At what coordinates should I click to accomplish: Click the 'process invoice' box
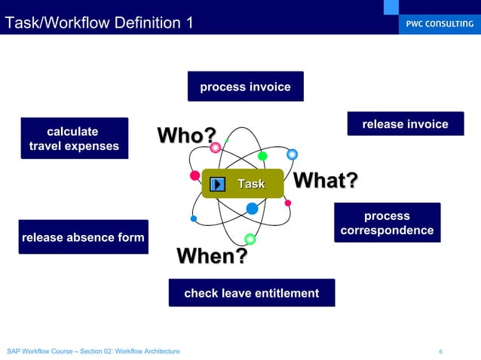pyautogui.click(x=245, y=87)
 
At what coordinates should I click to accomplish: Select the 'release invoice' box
pyautogui.click(x=405, y=124)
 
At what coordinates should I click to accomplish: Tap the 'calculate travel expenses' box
pyautogui.click(x=74, y=139)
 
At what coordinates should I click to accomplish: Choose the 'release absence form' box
pyautogui.click(x=83, y=237)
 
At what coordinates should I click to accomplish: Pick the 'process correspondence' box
pyautogui.click(x=387, y=223)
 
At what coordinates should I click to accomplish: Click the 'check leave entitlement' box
pyautogui.click(x=251, y=293)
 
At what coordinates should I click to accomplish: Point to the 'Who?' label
pyautogui.click(x=185, y=136)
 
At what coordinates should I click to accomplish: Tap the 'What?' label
pyautogui.click(x=324, y=181)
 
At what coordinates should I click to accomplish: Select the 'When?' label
pyautogui.click(x=211, y=256)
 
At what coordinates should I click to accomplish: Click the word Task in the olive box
pyautogui.click(x=251, y=184)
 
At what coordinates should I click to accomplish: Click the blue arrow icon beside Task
pyautogui.click(x=218, y=184)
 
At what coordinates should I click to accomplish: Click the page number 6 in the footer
pyautogui.click(x=440, y=352)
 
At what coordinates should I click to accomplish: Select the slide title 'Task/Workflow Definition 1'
pyautogui.click(x=99, y=23)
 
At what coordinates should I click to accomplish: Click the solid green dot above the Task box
pyautogui.click(x=262, y=156)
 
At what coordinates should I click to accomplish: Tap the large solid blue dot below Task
pyautogui.click(x=252, y=209)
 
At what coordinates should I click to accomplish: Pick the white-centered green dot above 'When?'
pyautogui.click(x=250, y=239)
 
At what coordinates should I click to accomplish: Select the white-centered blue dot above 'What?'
pyautogui.click(x=292, y=154)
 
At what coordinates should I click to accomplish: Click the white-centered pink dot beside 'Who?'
pyautogui.click(x=215, y=148)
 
